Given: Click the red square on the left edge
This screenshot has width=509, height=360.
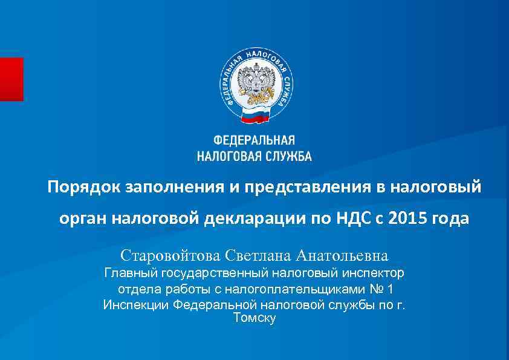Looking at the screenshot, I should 11,79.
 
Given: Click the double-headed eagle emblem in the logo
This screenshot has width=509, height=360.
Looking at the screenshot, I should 254,81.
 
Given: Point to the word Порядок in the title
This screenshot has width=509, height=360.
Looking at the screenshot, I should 84,187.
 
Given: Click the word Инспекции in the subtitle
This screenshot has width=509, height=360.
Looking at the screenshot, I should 136,304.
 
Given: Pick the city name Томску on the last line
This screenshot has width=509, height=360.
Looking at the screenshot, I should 254,318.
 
